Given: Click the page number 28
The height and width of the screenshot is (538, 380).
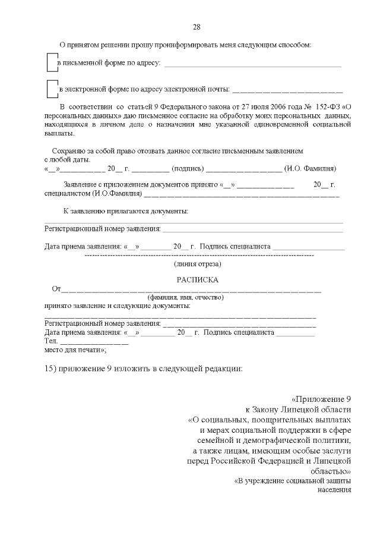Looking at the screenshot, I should pos(197,27).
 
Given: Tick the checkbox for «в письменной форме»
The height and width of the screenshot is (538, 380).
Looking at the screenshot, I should pos(52,62).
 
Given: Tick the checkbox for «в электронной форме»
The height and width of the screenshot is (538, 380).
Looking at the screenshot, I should pos(52,89).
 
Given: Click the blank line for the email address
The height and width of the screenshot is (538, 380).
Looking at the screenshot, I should pos(287,92).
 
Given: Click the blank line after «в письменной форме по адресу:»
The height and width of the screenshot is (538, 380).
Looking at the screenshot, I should pos(252,65).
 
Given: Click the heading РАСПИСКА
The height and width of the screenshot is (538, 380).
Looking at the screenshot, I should pos(197,279).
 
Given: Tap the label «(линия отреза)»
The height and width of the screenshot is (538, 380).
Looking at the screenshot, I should pos(197,263).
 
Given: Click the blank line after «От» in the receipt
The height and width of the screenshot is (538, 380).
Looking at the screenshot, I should pos(190,291).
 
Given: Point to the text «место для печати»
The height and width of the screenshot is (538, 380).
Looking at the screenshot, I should pos(75,351).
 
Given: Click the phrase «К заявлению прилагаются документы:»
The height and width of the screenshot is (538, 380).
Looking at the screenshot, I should pos(126,211).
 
